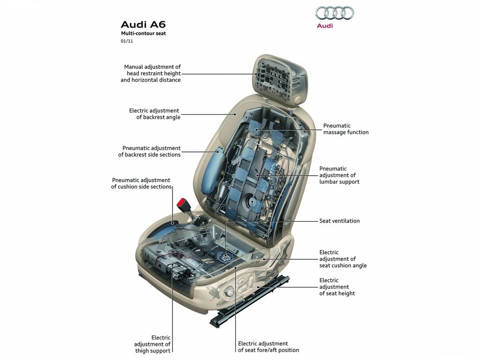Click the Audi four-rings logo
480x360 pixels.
click(x=335, y=13)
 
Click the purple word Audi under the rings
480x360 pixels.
click(x=325, y=26)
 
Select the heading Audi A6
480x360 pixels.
click(x=143, y=24)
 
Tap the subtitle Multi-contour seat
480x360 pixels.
click(x=143, y=33)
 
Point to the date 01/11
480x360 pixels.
click(x=127, y=41)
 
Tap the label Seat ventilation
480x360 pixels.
click(x=339, y=221)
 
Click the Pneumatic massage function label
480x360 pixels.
click(x=346, y=129)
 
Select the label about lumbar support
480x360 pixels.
click(x=339, y=175)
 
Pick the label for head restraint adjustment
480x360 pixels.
click(x=150, y=74)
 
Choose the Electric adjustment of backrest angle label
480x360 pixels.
click(x=155, y=114)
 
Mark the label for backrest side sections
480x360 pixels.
click(x=150, y=151)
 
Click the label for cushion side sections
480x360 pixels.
click(x=141, y=183)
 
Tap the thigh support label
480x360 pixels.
click(x=152, y=344)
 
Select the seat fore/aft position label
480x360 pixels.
click(x=269, y=347)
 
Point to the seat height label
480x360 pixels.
click(x=337, y=287)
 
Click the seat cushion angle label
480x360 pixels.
click(x=343, y=259)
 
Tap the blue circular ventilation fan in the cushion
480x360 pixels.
click(x=225, y=256)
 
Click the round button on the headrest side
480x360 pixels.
click(x=298, y=100)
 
